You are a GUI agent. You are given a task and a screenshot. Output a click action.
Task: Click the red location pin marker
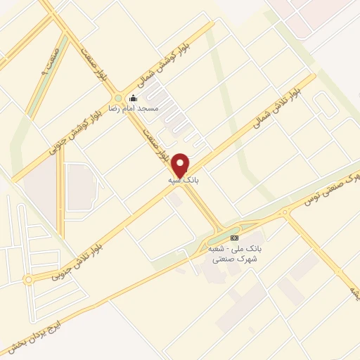[181, 165]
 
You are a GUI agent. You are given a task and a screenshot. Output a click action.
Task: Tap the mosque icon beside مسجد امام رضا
[133, 98]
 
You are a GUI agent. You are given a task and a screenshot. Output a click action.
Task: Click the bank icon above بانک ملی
[233, 238]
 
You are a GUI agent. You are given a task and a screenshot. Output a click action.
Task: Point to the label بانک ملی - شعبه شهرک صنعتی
[233, 254]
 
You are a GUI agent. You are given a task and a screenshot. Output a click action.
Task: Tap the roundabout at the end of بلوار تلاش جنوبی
[28, 279]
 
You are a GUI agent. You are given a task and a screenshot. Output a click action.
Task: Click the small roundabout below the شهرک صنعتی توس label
[286, 212]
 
